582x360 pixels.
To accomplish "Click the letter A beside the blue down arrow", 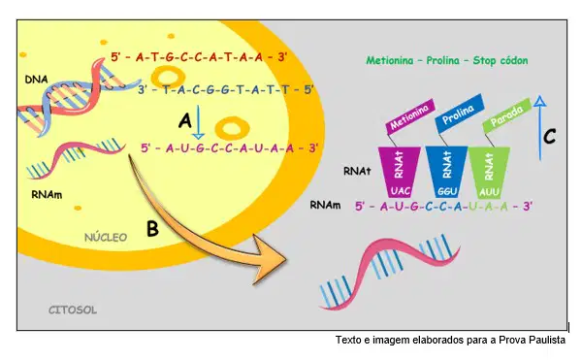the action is coord(185,120).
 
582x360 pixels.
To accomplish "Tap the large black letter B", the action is coord(152,229).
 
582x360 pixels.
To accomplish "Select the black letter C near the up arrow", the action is coord(549,136).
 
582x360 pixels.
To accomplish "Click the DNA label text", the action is coord(36,80).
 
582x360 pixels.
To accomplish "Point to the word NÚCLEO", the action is coord(106,237).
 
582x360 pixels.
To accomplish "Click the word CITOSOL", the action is coord(73,310).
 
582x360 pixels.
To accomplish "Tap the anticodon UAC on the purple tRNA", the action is coord(401,191).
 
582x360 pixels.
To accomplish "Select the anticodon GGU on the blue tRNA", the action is coord(447,191).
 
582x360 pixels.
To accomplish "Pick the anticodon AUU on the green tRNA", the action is coord(489,192).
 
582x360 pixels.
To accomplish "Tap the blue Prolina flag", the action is coord(460,114).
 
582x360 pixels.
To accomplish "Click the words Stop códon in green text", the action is coord(500,60).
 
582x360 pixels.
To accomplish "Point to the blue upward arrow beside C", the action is coord(539,128).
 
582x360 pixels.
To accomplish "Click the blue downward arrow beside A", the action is coord(199,122).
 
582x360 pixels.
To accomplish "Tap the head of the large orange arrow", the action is coord(269,259).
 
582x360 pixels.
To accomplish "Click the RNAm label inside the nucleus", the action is coord(47,195).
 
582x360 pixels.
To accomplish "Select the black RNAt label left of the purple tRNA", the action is coord(357,171).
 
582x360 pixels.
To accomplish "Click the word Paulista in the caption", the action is coord(547,340).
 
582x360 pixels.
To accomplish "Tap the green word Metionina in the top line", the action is coord(390,60).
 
